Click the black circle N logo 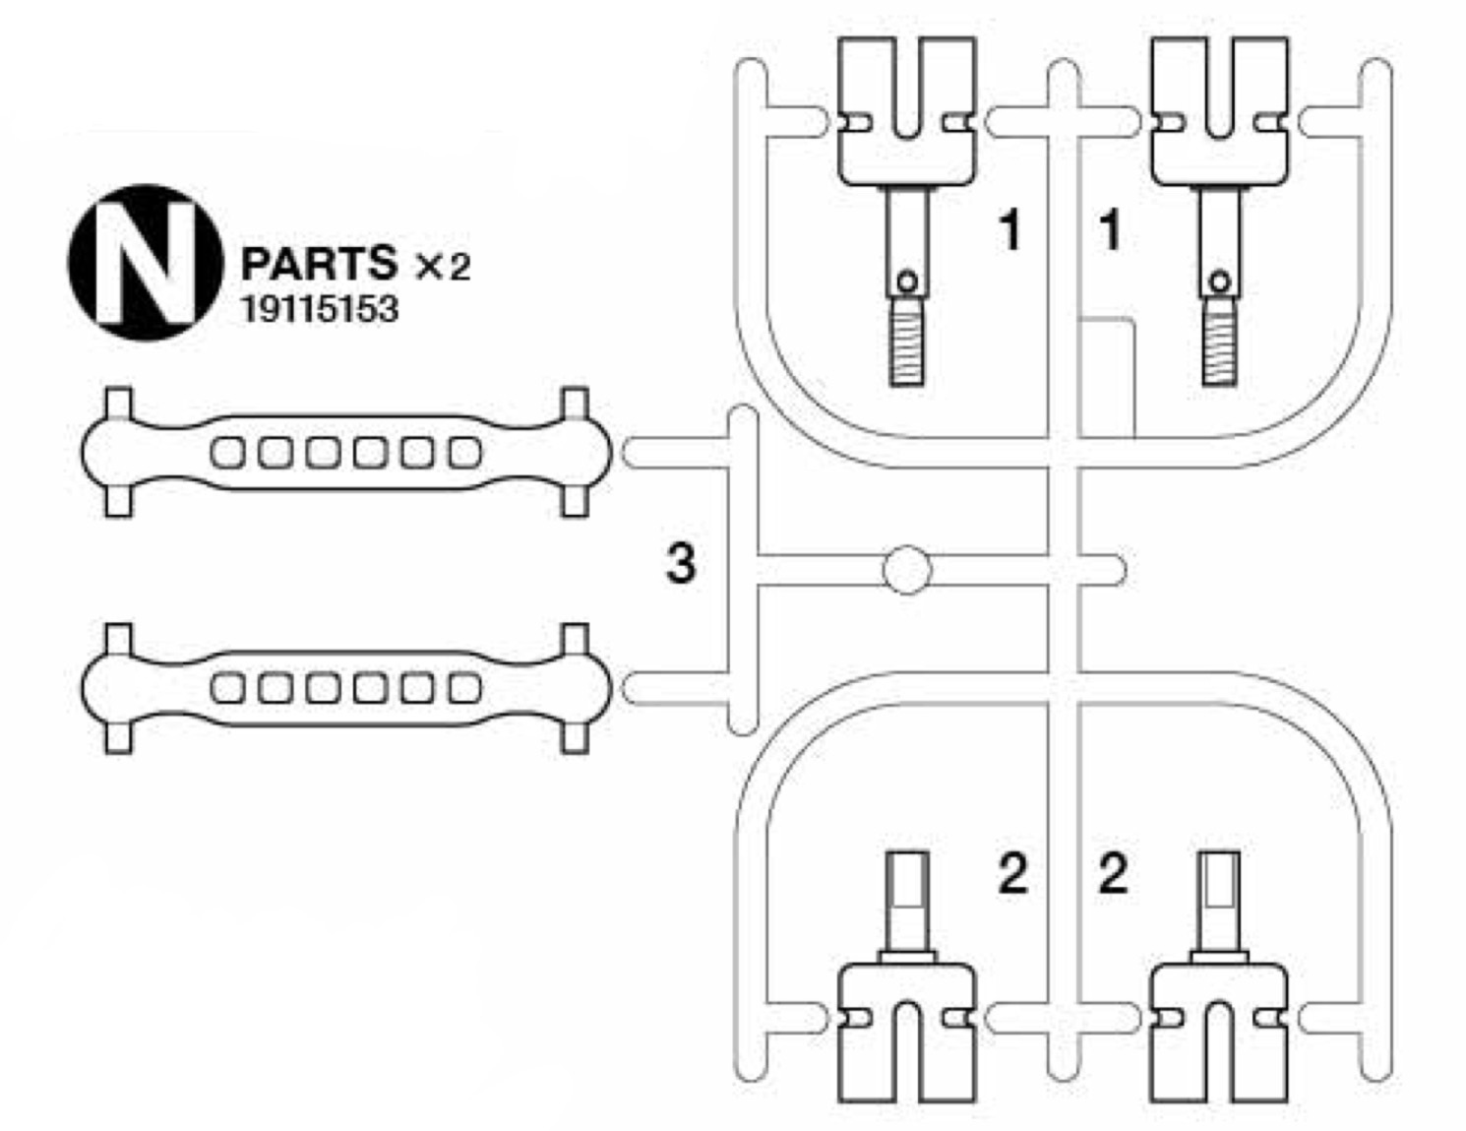click(x=145, y=262)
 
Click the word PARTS click(x=319, y=263)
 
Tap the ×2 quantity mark click(x=443, y=266)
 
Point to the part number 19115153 click(x=320, y=309)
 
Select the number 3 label click(x=681, y=564)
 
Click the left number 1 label click(x=1009, y=230)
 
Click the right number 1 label click(x=1110, y=230)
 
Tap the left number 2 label click(x=1012, y=873)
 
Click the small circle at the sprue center click(x=907, y=570)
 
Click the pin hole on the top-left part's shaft click(x=907, y=283)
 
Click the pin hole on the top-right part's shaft click(x=1220, y=283)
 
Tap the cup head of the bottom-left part click(x=907, y=1034)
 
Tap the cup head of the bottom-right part click(x=1219, y=1034)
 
